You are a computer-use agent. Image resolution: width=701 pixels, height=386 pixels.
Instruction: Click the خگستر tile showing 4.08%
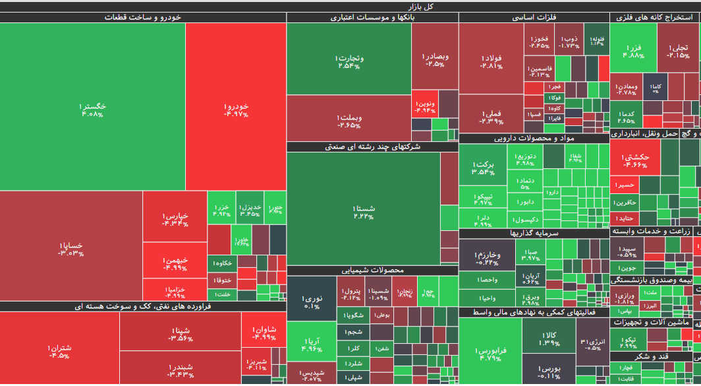(x=92, y=110)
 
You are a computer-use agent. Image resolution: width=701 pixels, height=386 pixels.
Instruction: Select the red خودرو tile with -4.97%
(x=236, y=110)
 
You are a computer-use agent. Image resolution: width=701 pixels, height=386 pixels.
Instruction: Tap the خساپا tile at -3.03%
(x=71, y=248)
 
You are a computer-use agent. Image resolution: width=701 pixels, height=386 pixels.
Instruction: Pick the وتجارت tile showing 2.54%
(x=349, y=62)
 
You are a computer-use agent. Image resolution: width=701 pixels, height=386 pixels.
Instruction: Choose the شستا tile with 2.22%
(x=364, y=212)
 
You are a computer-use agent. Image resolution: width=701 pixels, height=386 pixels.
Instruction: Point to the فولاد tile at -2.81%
(x=491, y=61)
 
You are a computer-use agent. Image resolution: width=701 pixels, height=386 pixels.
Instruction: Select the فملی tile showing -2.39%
(x=491, y=117)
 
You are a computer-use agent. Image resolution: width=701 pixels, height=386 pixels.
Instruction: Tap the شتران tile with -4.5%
(x=59, y=351)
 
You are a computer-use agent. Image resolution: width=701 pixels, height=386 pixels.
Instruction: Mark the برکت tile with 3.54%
(x=483, y=168)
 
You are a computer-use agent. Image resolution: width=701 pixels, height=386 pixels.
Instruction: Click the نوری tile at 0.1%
(x=312, y=302)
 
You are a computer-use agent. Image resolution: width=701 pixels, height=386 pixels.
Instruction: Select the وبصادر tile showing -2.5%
(x=435, y=59)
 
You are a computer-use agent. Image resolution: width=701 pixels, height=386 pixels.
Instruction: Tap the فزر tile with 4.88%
(x=633, y=51)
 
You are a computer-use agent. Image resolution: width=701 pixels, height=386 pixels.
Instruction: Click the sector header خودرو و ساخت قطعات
(x=143, y=18)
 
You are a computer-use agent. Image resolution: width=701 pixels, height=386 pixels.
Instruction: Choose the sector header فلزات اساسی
(x=534, y=18)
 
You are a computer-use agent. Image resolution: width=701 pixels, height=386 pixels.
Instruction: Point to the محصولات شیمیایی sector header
(x=373, y=270)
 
